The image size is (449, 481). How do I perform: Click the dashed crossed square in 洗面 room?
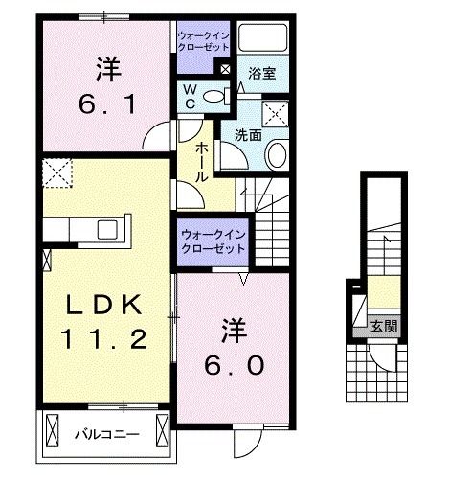[x=277, y=107]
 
